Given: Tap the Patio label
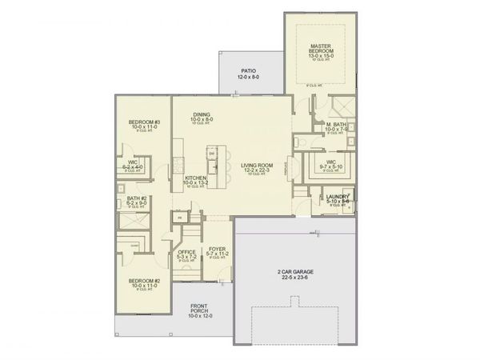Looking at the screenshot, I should pos(248,71).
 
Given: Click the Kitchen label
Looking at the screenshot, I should pos(195,178).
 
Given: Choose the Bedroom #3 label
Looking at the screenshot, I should pos(145,122).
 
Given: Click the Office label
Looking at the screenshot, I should pos(186,252).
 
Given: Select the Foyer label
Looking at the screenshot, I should pos(217,249).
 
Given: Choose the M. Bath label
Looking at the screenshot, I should pos(335,125).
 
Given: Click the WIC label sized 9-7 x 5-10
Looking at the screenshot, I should pos(330,161).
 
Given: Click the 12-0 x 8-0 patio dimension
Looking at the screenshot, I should pos(248,78).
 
